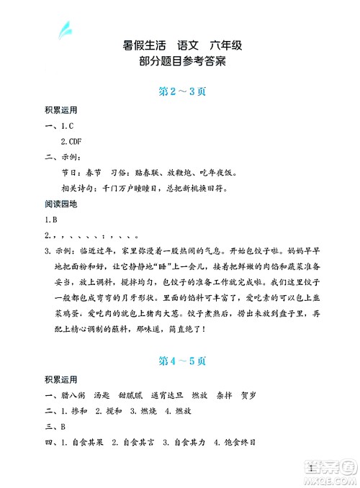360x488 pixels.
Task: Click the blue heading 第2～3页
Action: (180, 91)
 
